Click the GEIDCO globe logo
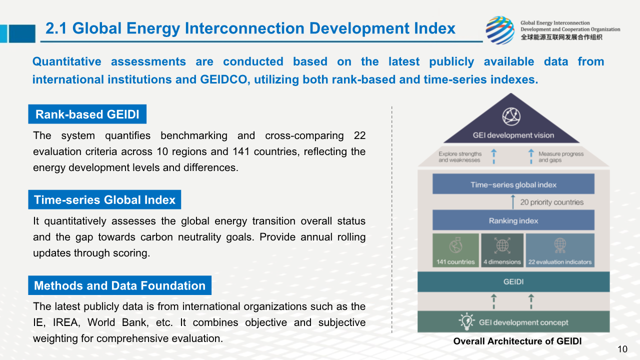(500, 30)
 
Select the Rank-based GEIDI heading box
(87, 114)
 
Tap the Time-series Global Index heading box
(104, 199)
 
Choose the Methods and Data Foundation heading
(119, 285)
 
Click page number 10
(622, 349)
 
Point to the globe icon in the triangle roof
(511, 116)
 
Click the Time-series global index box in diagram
(513, 184)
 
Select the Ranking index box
(513, 220)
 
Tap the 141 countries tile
(455, 250)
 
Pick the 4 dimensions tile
(502, 250)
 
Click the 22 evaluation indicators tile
(560, 250)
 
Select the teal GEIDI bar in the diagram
(513, 281)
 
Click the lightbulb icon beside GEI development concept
(467, 321)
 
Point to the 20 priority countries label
(551, 202)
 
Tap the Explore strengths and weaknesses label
(460, 157)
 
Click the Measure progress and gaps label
(561, 157)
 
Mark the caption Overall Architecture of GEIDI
(517, 341)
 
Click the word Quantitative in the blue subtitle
(67, 61)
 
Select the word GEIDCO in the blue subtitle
(223, 79)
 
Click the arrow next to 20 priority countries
(513, 202)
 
